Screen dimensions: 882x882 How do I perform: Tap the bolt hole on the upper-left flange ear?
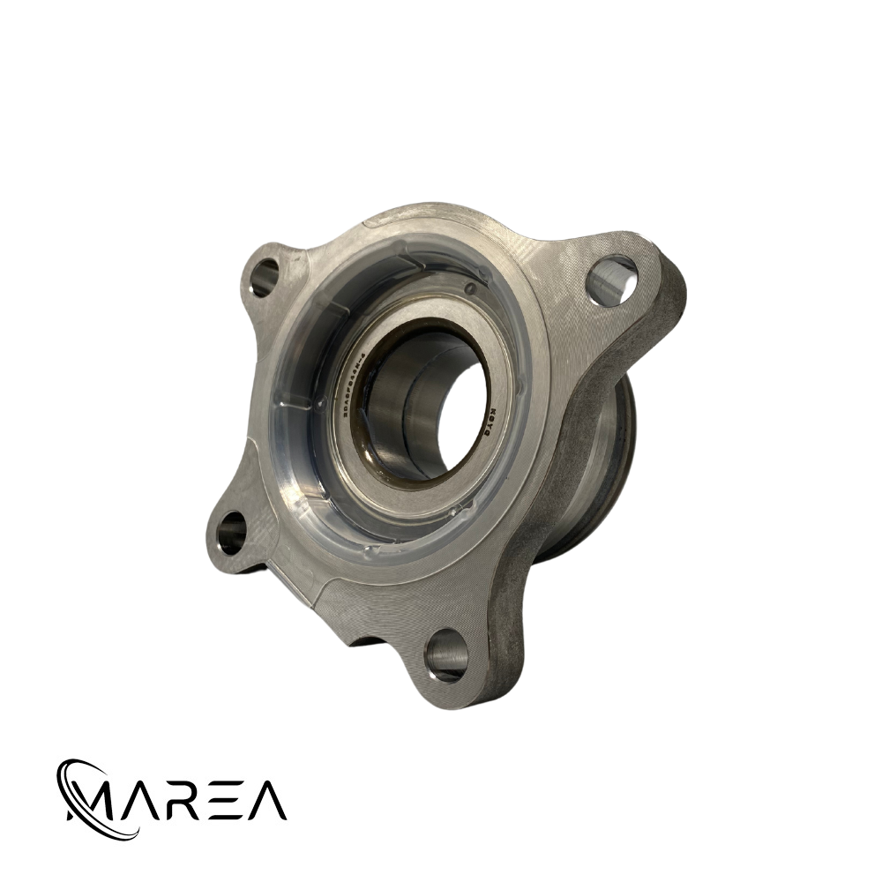pyautogui.click(x=263, y=277)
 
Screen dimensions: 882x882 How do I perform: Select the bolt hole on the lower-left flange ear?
pyautogui.click(x=233, y=532)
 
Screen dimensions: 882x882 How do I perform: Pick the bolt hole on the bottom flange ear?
pyautogui.click(x=446, y=655)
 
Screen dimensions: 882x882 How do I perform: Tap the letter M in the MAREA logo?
pyautogui.click(x=97, y=800)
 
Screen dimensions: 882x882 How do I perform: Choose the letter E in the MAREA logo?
pyautogui.click(x=231, y=800)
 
